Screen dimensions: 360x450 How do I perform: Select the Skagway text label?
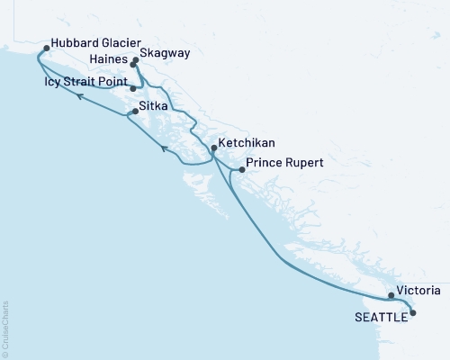pyautogui.click(x=166, y=54)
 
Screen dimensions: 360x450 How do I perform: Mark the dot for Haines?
pyautogui.click(x=133, y=66)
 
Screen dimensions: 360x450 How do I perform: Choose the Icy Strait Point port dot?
pyautogui.click(x=133, y=88)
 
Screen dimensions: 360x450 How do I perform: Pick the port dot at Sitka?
pyautogui.click(x=136, y=112)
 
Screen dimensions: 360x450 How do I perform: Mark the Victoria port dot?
pyautogui.click(x=391, y=295)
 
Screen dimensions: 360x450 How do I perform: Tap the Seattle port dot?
pyautogui.click(x=413, y=313)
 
